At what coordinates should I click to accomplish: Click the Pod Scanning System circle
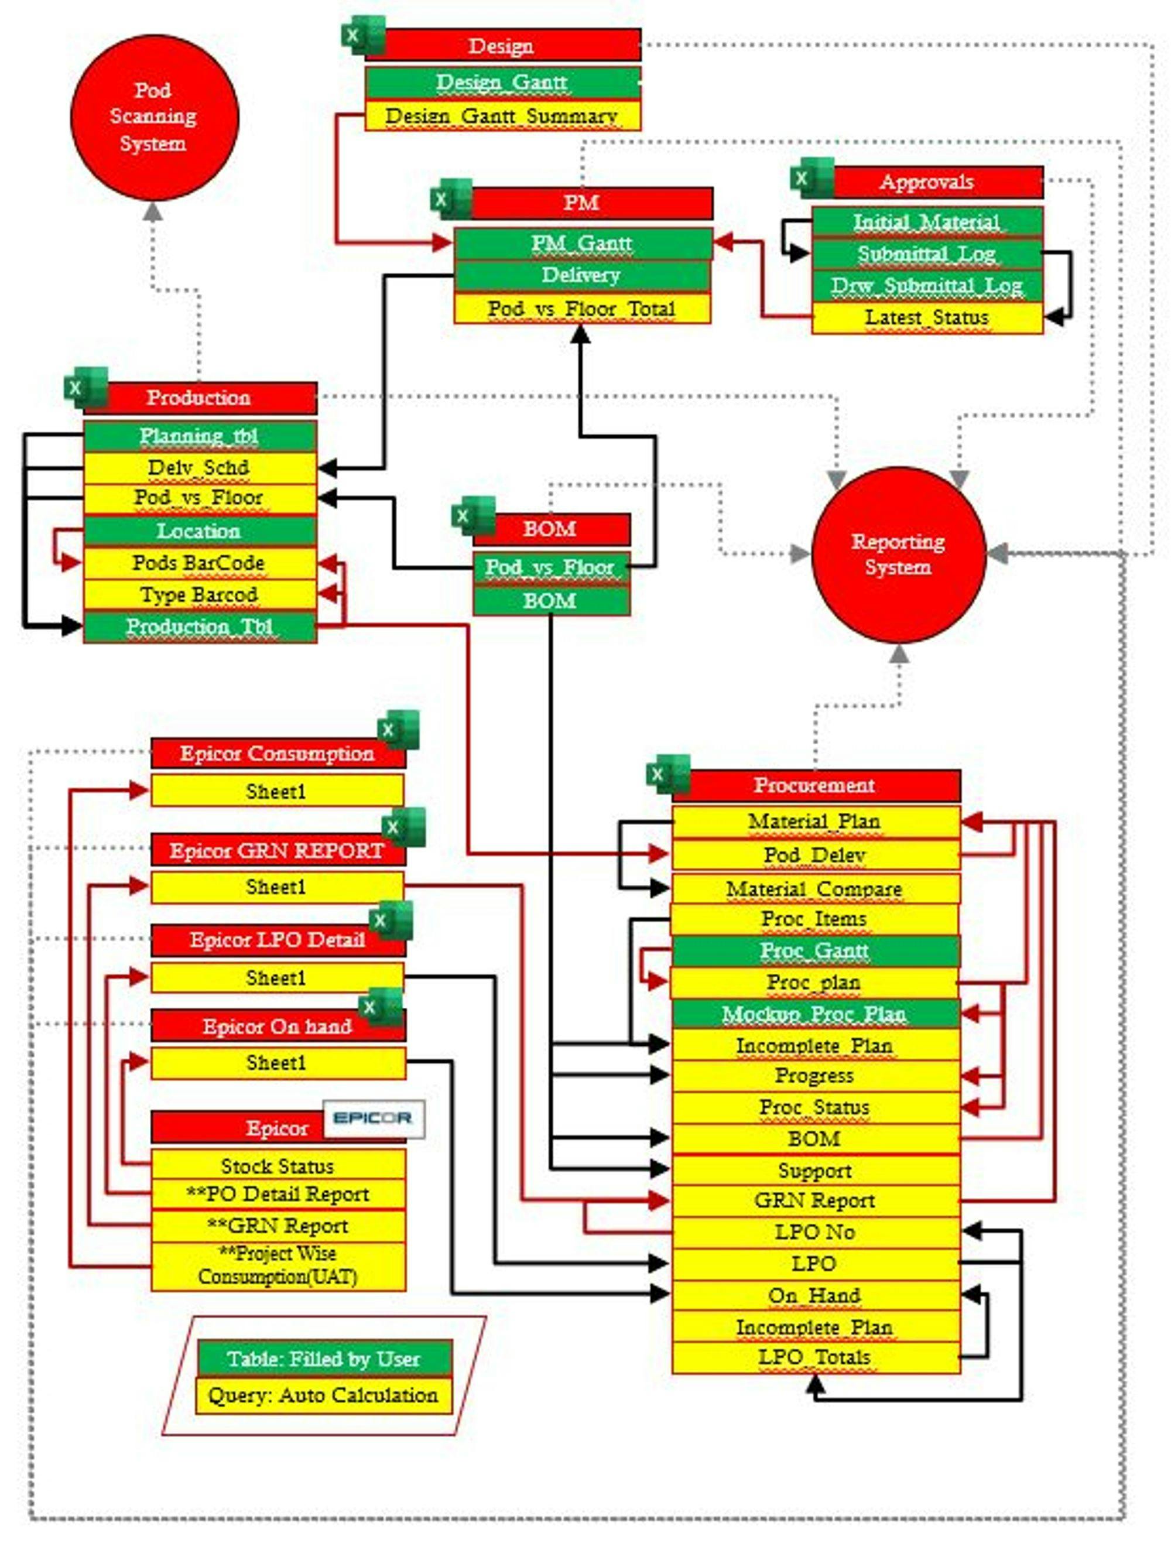154,117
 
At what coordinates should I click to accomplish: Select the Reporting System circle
898,554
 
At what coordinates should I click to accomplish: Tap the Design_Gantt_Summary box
502,115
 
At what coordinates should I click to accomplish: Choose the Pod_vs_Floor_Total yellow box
581,309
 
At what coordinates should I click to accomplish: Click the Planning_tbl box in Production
199,436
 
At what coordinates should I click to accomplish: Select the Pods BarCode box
199,563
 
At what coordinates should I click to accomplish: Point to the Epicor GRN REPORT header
277,850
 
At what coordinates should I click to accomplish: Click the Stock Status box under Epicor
278,1165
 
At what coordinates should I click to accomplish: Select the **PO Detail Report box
278,1195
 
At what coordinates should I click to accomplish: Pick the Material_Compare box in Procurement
814,888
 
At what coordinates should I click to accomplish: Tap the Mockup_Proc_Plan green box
814,1014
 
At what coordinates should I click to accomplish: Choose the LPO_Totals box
814,1357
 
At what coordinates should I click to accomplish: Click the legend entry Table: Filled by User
324,1358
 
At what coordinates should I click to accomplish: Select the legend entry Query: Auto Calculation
324,1395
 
